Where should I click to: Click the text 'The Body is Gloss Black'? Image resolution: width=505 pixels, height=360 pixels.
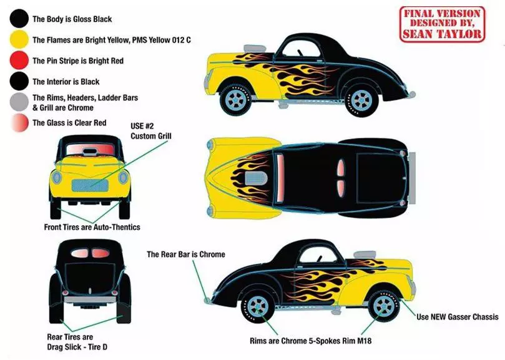coord(72,19)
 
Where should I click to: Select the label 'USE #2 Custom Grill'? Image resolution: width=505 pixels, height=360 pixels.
coord(150,130)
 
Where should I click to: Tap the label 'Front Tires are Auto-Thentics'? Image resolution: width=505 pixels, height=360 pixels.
coord(92,227)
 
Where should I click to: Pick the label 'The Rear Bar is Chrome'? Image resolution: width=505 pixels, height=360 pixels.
coord(185,255)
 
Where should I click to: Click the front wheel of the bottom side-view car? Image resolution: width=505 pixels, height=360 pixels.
coord(381,304)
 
